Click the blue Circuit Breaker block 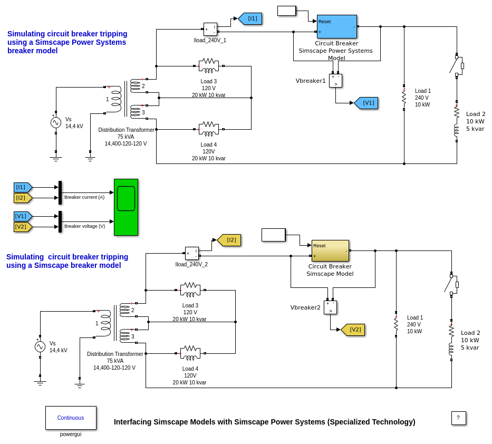click(x=336, y=26)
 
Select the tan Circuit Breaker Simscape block click(x=330, y=250)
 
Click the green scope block click(x=126, y=207)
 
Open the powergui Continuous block click(x=71, y=418)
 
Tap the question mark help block click(x=458, y=418)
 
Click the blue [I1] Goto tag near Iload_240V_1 click(x=250, y=18)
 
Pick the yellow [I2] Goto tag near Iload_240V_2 click(x=229, y=240)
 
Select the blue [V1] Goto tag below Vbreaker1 click(x=366, y=103)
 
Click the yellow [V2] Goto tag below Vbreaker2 click(x=353, y=330)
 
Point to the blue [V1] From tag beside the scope click(x=23, y=216)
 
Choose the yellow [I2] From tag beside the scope click(x=23, y=198)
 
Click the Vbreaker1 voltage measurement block click(x=335, y=80)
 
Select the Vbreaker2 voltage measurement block click(x=330, y=307)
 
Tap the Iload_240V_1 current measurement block click(x=210, y=29)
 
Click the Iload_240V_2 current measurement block click(x=191, y=253)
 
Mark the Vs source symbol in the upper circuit click(x=56, y=122)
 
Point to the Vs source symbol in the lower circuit click(x=40, y=346)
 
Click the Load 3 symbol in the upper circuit click(x=209, y=66)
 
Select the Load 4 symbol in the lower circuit click(x=190, y=353)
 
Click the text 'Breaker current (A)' click(x=84, y=197)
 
